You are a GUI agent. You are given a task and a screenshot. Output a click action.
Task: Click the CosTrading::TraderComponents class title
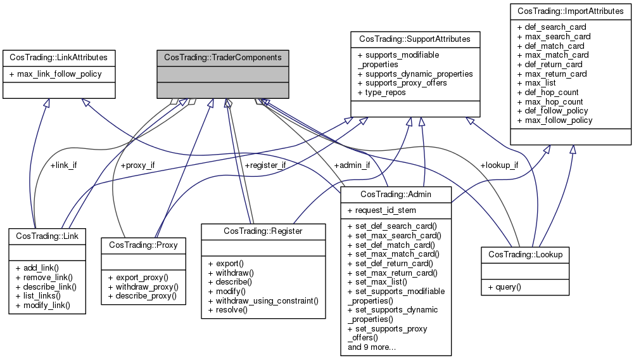pyautogui.click(x=223, y=57)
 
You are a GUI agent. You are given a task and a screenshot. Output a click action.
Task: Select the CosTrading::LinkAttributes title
pyautogui.click(x=58, y=57)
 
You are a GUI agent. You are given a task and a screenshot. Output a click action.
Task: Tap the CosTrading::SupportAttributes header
pyautogui.click(x=415, y=39)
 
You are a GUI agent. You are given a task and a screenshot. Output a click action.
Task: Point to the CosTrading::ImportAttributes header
pyautogui.click(x=571, y=11)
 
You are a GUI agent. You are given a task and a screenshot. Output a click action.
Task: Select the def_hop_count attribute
pyautogui.click(x=550, y=92)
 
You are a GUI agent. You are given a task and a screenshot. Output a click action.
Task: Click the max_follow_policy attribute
pyautogui.click(x=555, y=120)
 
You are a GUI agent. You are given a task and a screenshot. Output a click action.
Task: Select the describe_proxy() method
pyautogui.click(x=142, y=296)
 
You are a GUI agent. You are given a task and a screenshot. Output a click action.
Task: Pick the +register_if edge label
pyautogui.click(x=265, y=165)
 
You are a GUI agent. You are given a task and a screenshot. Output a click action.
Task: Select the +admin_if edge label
pyautogui.click(x=352, y=165)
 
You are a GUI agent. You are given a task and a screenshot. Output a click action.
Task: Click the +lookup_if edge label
pyautogui.click(x=499, y=165)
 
